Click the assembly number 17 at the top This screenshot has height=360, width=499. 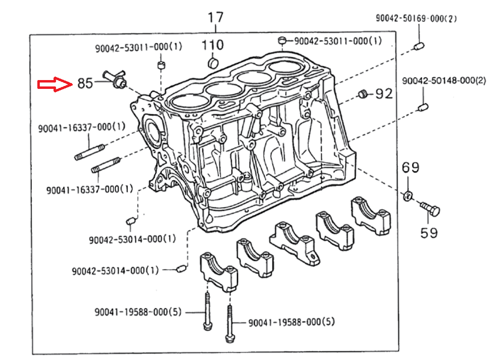point(215,17)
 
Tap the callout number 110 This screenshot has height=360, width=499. point(213,45)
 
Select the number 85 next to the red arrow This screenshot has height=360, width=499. point(84,83)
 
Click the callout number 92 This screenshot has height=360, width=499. point(384,93)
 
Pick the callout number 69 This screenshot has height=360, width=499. point(411,167)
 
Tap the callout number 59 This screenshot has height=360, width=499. point(429,232)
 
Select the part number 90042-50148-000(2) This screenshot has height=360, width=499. point(444,81)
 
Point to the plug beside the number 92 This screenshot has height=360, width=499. point(362,94)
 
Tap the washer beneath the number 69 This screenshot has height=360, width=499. point(408,196)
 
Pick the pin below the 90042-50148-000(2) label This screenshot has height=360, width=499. point(424,107)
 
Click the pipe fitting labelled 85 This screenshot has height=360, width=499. point(114,79)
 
